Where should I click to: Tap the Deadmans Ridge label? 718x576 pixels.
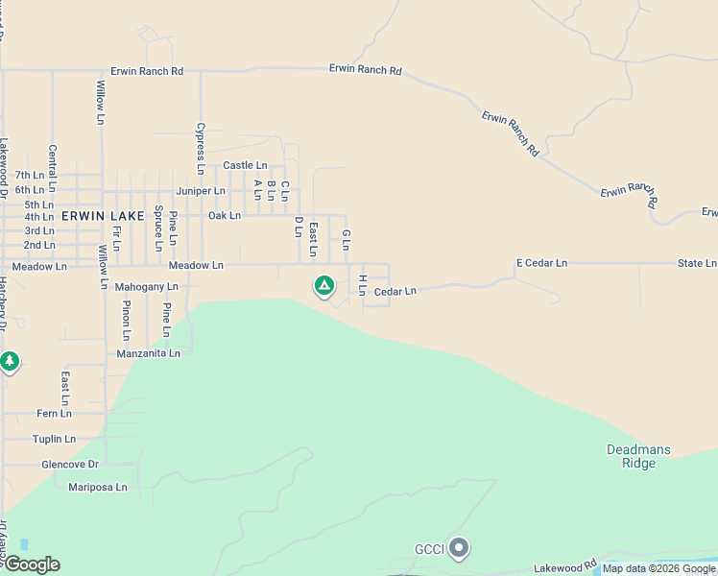638,456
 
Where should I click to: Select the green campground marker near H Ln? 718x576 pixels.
324,285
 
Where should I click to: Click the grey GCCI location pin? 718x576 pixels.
459,548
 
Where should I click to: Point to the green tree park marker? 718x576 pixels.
10,362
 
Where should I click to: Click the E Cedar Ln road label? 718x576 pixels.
541,263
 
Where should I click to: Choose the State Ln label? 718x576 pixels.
696,263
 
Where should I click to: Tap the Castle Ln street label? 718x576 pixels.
245,166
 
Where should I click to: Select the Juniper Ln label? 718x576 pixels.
200,191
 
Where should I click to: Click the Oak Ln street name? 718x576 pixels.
224,216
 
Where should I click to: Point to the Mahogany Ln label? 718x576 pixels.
146,287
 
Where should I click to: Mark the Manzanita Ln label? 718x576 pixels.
148,353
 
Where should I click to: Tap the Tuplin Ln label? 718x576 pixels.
54,439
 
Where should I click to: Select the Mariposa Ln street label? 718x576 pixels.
97,487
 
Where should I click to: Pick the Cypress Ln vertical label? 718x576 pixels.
201,148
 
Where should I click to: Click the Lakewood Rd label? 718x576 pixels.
565,568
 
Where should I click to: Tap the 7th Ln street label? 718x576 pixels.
30,176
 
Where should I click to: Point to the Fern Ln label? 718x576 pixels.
54,414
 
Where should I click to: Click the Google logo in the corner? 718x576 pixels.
31,564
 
